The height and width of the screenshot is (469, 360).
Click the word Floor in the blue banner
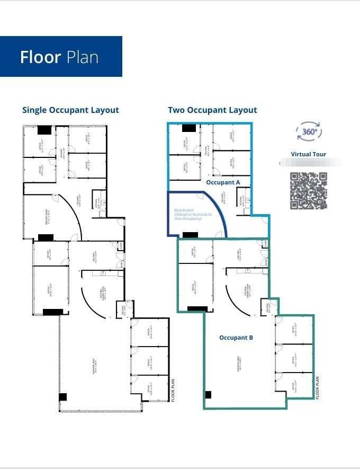[40, 57]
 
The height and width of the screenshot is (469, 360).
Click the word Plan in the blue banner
[83, 57]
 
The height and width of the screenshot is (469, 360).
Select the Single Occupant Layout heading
[70, 110]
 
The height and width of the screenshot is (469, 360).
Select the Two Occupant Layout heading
[212, 110]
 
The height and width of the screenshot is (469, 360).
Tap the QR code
[309, 191]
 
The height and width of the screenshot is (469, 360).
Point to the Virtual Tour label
[309, 154]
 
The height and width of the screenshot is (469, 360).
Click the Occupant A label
[223, 182]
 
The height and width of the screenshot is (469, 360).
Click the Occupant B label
[237, 338]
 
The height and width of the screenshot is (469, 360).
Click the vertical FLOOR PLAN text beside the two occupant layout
[318, 387]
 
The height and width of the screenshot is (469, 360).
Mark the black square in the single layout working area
[63, 397]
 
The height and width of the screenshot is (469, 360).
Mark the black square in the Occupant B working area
[208, 394]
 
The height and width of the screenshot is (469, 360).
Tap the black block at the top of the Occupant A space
[189, 128]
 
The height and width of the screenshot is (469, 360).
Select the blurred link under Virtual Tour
[309, 163]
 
